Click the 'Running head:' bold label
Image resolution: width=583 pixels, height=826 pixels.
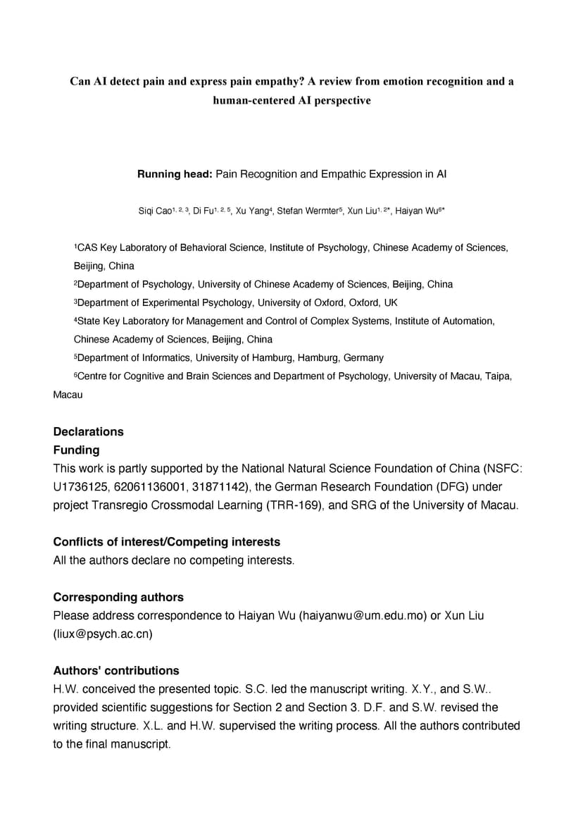(175, 174)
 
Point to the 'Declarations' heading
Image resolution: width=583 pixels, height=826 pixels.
(88, 431)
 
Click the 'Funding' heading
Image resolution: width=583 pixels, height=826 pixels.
(76, 450)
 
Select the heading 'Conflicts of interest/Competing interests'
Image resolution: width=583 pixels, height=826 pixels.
(166, 542)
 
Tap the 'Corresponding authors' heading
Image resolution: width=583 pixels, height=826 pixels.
(118, 597)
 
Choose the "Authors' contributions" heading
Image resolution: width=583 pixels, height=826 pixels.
(116, 670)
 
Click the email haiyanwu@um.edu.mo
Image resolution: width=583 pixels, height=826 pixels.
(363, 615)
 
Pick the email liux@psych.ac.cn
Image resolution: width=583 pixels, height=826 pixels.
(103, 634)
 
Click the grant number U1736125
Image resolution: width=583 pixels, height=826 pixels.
(83, 487)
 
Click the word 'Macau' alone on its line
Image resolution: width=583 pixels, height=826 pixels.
(68, 395)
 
